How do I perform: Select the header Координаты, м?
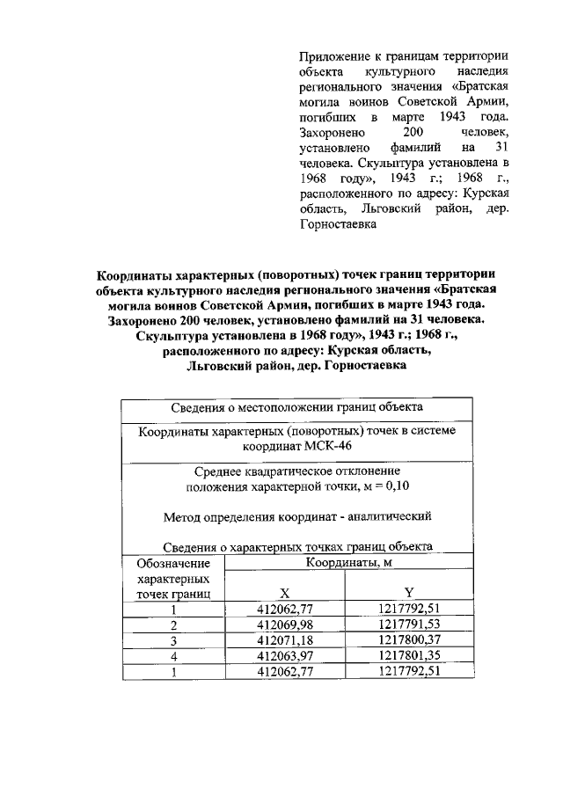pos(347,562)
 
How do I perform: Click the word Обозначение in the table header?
pos(174,563)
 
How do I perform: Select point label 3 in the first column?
pos(174,639)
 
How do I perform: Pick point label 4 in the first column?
pos(174,655)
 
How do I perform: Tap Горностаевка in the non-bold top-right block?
pos(339,224)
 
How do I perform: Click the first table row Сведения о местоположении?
pos(296,407)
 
